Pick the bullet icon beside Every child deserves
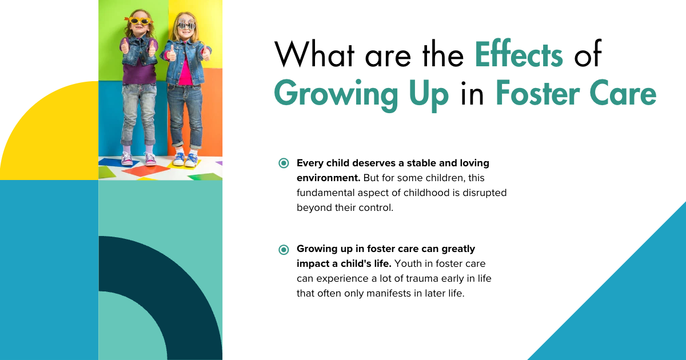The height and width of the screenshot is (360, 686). point(284,163)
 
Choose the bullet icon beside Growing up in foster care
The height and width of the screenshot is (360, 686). point(284,249)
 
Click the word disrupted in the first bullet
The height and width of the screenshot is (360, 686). point(481,193)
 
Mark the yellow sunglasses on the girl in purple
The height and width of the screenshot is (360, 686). point(138,21)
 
